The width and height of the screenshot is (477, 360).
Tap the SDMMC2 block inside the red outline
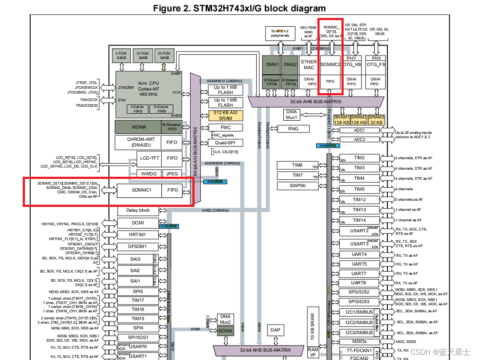click(331, 64)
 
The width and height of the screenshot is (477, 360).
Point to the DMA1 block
click(272, 65)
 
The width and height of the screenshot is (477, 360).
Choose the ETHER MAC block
click(309, 65)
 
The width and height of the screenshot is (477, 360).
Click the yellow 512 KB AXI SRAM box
click(226, 115)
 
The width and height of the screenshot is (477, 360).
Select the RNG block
click(293, 129)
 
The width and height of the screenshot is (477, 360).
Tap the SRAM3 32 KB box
click(376, 120)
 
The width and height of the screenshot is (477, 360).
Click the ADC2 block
click(359, 140)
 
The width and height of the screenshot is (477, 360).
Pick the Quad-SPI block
click(226, 143)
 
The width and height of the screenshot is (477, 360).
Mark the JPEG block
click(172, 174)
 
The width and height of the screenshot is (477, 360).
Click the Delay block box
click(138, 210)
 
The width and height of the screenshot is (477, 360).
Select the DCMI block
click(138, 223)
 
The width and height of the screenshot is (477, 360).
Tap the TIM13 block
click(359, 210)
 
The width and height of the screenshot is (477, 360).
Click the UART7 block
click(359, 273)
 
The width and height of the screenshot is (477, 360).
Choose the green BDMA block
click(226, 331)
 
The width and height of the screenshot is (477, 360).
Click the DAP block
click(275, 330)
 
